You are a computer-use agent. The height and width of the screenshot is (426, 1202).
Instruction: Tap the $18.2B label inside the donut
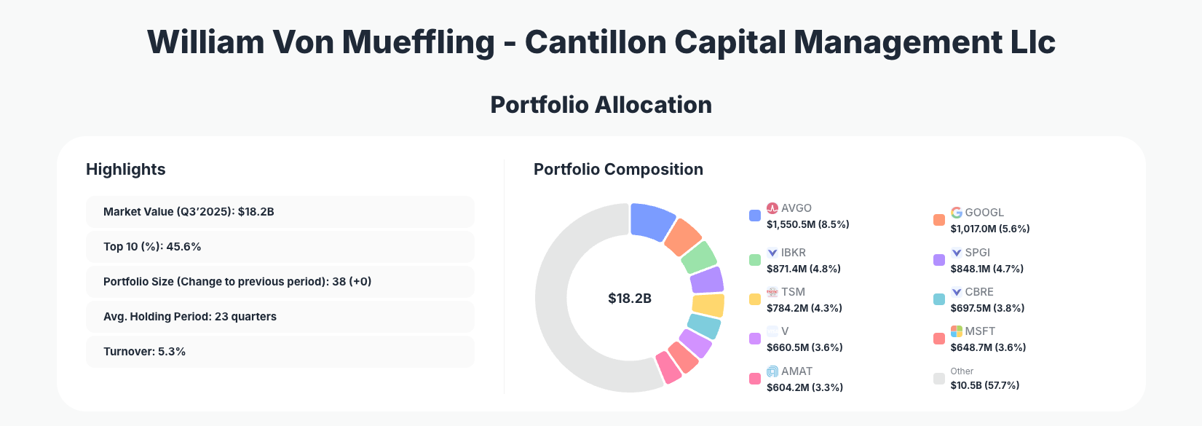point(630,299)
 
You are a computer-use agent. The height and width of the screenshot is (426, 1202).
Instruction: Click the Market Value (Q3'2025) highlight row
point(280,212)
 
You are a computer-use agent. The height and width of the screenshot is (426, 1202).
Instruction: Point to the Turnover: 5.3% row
point(280,352)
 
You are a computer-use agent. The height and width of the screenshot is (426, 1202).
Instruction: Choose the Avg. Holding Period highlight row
point(280,317)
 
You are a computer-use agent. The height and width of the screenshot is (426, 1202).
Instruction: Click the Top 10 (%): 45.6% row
point(280,247)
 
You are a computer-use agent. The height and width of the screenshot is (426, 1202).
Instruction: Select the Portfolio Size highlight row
point(280,282)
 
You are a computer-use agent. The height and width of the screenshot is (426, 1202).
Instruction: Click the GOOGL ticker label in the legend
point(984,213)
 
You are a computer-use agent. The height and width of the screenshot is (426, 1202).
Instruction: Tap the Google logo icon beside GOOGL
point(957,213)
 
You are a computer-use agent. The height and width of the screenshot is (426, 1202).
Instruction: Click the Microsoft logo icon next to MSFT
point(957,331)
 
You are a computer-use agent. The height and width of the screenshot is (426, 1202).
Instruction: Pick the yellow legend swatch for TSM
point(755,299)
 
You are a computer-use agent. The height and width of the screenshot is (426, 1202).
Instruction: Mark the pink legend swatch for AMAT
point(755,379)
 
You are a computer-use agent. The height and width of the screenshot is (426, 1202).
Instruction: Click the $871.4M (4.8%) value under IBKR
point(804,269)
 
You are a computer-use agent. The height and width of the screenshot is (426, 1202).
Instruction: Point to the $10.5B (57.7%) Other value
point(984,385)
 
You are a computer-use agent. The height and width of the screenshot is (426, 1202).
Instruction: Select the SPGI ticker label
point(978,253)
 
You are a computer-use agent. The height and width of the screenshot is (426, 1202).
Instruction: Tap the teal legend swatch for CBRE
point(939,299)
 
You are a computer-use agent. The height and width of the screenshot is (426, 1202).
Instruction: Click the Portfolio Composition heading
point(618,170)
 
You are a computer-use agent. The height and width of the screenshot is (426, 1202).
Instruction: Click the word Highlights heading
point(126,170)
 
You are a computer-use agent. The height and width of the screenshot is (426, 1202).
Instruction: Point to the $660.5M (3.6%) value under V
point(804,347)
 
